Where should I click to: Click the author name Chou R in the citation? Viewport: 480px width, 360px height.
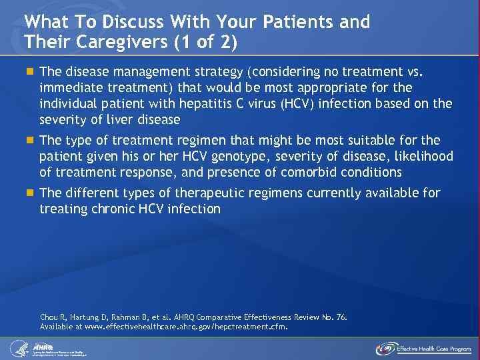point(53,317)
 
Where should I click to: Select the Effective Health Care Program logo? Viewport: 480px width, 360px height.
point(423,348)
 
